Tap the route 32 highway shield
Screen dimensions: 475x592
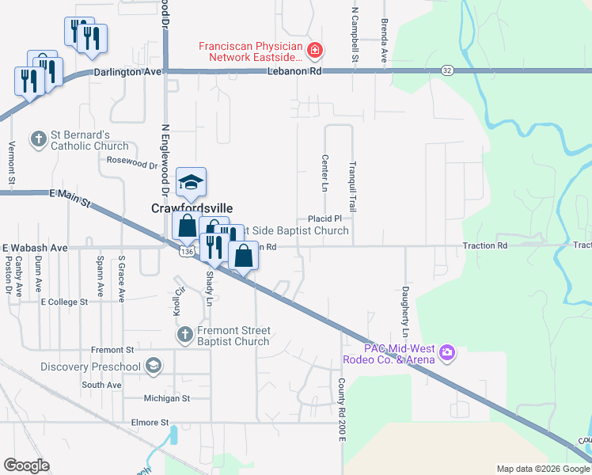[x=448, y=70]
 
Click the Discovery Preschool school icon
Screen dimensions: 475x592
[x=153, y=366]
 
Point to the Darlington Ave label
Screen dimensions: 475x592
[x=127, y=72]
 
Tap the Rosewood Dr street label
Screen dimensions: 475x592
[x=132, y=164]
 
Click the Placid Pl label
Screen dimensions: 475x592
[x=324, y=218]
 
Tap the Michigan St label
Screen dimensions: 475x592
[x=167, y=398]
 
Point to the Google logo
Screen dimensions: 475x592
[x=27, y=465]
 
